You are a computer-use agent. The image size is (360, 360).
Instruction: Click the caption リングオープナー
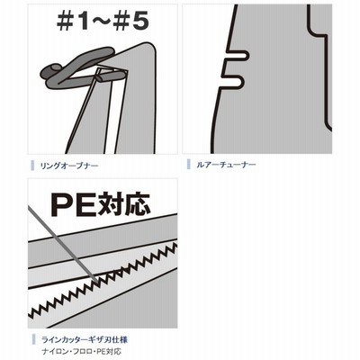(x=69, y=166)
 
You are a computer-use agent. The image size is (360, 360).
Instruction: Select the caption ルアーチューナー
(x=226, y=165)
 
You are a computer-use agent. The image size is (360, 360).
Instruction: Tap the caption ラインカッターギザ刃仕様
(x=85, y=340)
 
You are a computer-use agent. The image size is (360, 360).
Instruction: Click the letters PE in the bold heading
(x=71, y=205)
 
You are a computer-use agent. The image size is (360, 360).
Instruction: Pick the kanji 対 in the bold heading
(x=108, y=205)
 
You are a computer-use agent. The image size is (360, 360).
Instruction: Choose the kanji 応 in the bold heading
(x=136, y=205)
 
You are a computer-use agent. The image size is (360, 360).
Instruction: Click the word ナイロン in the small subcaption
(x=56, y=351)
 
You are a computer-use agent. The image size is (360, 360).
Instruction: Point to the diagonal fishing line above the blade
(x=63, y=244)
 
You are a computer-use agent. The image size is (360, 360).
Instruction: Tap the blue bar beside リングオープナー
(x=32, y=166)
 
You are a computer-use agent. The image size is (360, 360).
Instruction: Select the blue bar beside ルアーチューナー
(x=189, y=165)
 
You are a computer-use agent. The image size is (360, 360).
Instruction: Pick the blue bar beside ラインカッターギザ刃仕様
(x=32, y=340)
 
